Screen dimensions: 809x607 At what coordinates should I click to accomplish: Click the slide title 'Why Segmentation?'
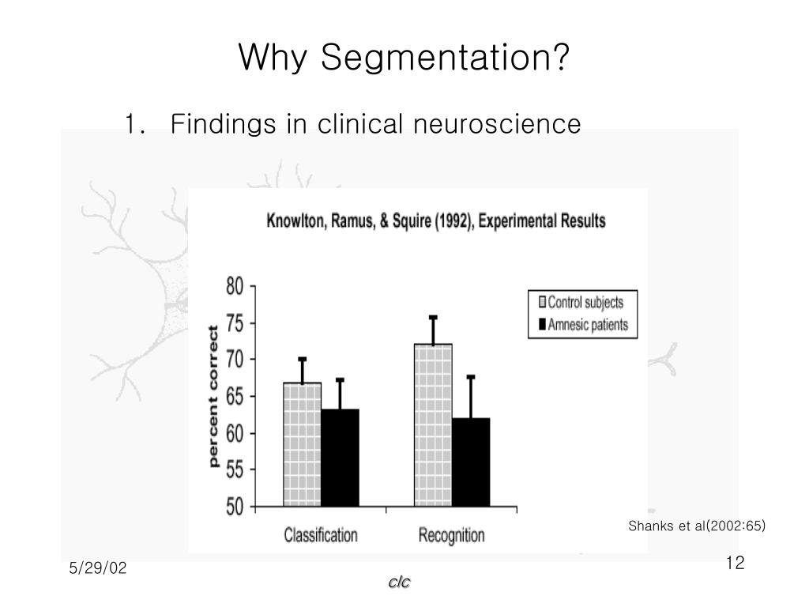pyautogui.click(x=404, y=57)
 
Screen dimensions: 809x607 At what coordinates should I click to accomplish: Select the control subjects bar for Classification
pyautogui.click(x=302, y=444)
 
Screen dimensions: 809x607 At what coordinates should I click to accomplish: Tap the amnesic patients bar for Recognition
pyautogui.click(x=471, y=462)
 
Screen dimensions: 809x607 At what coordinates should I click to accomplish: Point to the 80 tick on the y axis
pyautogui.click(x=236, y=286)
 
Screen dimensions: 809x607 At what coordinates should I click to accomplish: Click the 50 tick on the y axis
pyautogui.click(x=236, y=507)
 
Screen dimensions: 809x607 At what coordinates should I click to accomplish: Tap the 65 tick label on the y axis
pyautogui.click(x=236, y=397)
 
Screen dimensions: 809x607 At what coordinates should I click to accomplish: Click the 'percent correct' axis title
pyautogui.click(x=214, y=395)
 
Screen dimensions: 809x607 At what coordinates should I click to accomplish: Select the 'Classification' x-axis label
pyautogui.click(x=321, y=535)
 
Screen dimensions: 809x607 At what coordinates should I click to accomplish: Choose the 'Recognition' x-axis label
pyautogui.click(x=451, y=535)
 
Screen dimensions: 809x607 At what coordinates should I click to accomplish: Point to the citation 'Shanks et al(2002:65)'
pyautogui.click(x=697, y=526)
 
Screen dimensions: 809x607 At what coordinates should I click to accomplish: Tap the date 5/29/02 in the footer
pyautogui.click(x=98, y=569)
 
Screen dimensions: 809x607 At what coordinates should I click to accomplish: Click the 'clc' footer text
pyautogui.click(x=400, y=582)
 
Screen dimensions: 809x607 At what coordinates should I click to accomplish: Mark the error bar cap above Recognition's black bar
pyautogui.click(x=471, y=377)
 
